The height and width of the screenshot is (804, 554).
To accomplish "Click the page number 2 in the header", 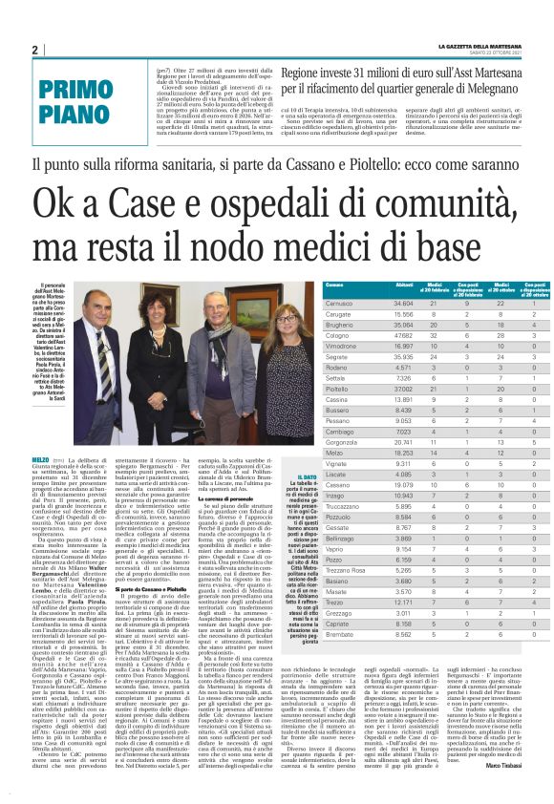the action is click(x=34, y=51).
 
